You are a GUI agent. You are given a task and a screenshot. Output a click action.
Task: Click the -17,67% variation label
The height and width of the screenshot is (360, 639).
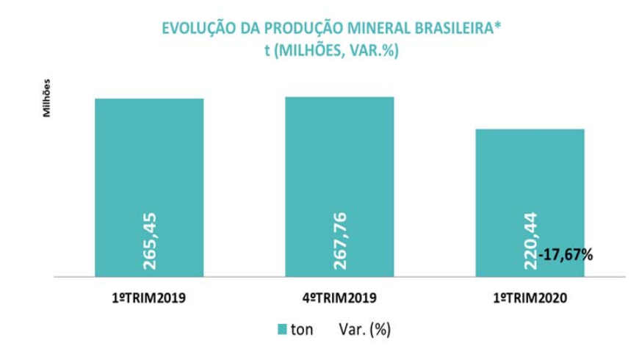pyautogui.click(x=566, y=255)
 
